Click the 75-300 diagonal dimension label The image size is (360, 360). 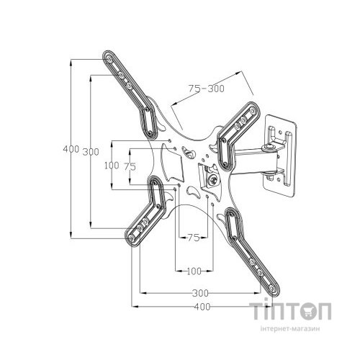[x=207, y=89]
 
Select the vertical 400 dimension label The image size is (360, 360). [x=71, y=149]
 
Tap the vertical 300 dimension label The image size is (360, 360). [x=91, y=152]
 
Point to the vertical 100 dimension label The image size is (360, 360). [x=112, y=166]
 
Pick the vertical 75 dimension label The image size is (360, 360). [x=130, y=166]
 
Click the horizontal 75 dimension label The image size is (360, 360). [x=194, y=238]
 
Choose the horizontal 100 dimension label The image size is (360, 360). [x=194, y=271]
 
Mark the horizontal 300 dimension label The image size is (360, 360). [x=200, y=293]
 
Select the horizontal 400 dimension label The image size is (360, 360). [x=202, y=307]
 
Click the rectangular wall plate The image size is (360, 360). [x=280, y=156]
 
